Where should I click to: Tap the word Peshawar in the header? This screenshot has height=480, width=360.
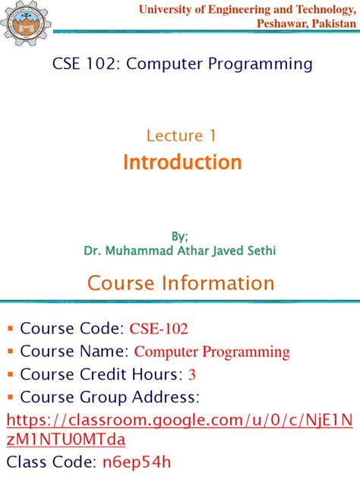(x=284, y=24)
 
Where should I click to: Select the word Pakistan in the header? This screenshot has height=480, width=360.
(x=334, y=24)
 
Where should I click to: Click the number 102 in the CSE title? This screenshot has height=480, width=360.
(x=98, y=64)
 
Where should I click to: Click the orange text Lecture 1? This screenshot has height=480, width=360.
(x=182, y=136)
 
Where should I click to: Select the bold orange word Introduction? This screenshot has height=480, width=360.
(x=182, y=162)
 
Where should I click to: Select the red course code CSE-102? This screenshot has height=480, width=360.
(x=159, y=329)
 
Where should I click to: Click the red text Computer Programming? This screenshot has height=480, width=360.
(x=212, y=352)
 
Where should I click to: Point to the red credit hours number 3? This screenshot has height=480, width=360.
(x=192, y=374)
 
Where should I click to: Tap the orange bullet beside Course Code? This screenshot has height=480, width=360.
(x=11, y=329)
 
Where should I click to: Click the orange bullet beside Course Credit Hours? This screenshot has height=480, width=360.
(x=11, y=374)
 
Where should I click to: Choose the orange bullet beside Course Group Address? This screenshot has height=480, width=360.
(x=11, y=396)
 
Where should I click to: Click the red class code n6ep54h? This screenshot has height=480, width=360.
(x=137, y=463)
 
